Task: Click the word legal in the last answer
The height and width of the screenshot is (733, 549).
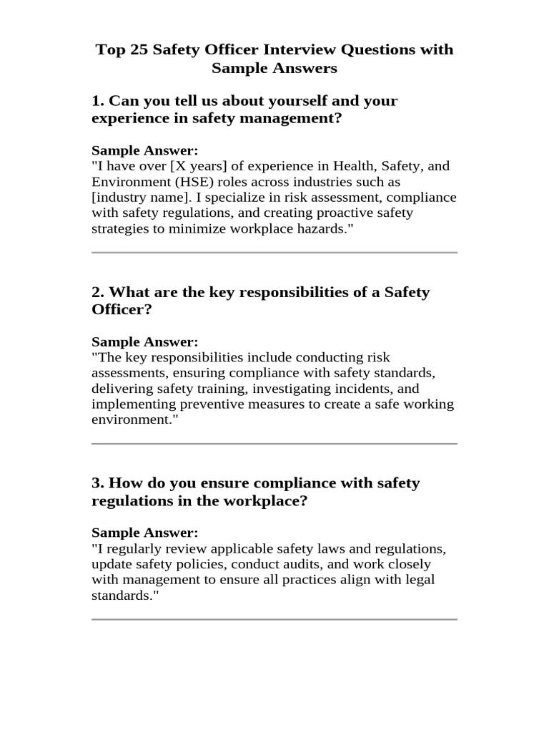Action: pos(420,580)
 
